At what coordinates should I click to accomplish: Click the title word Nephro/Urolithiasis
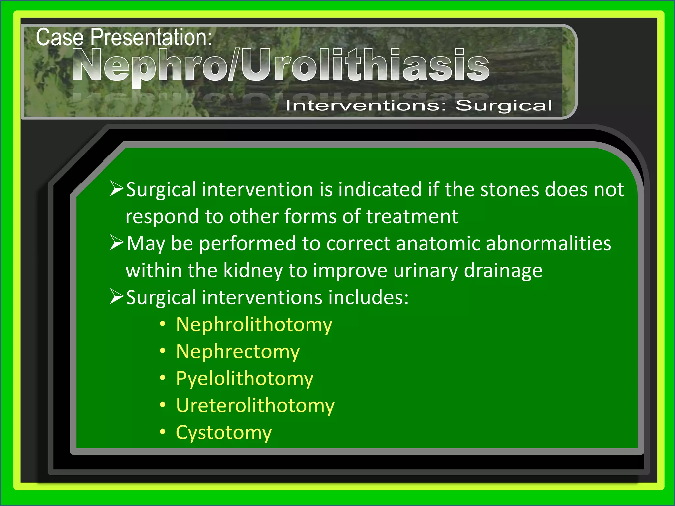[x=280, y=65]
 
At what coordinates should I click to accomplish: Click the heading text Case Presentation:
[x=124, y=37]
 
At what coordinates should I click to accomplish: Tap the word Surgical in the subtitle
[x=504, y=106]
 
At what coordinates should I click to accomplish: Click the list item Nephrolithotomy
[x=254, y=325]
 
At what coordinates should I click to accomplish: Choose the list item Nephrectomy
[x=238, y=352]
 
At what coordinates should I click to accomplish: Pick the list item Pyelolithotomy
[x=245, y=379]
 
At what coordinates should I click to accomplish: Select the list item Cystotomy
[x=224, y=433]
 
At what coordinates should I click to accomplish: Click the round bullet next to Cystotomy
[x=162, y=432]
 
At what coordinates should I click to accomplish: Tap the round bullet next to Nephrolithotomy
[x=162, y=324]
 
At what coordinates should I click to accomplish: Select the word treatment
[x=412, y=217]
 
